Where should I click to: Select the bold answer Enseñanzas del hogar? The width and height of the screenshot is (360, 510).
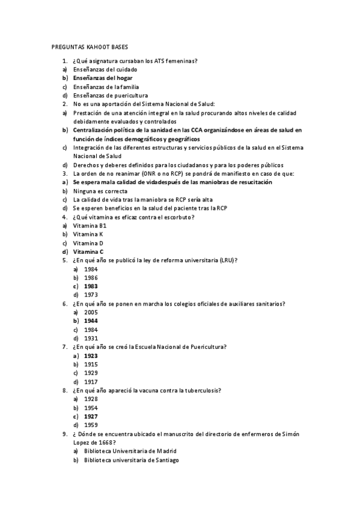[102, 78]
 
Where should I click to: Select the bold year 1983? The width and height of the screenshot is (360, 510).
[91, 286]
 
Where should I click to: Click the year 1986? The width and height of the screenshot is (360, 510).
[91, 278]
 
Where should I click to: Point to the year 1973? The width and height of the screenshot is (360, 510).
[91, 295]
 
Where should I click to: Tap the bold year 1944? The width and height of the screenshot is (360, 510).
[91, 321]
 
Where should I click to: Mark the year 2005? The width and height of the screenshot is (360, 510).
[91, 313]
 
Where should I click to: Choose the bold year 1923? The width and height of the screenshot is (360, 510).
[91, 356]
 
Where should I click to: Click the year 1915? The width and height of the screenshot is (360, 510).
[91, 364]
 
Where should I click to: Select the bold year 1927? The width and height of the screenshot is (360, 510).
[91, 416]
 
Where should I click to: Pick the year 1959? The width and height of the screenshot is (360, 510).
[91, 425]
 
